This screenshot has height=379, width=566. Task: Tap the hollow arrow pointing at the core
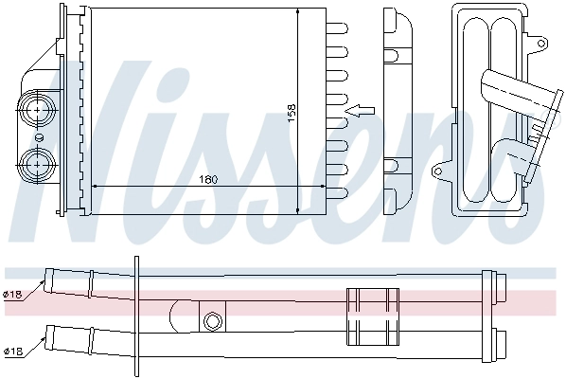tap(360, 111)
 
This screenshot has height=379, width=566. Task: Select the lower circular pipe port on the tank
tap(38, 162)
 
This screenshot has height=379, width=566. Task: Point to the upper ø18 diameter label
tap(12, 296)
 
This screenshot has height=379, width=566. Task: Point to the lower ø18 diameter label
tap(12, 352)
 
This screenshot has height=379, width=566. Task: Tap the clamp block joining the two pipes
tap(371, 316)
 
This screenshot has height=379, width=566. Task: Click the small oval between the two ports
tap(39, 135)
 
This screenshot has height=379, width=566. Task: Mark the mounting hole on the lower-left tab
tap(437, 173)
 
